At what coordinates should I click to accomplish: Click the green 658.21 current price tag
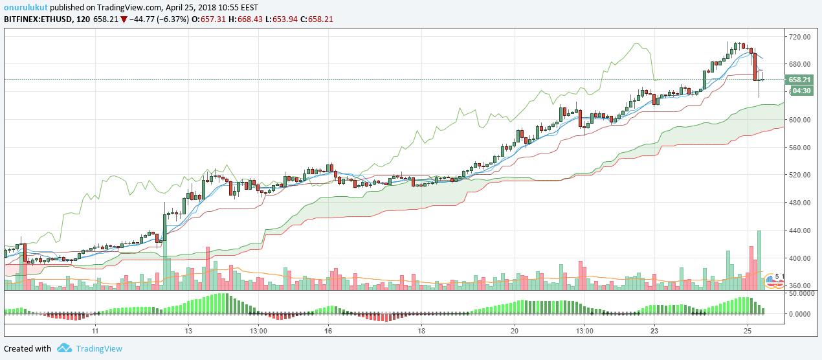[799, 80]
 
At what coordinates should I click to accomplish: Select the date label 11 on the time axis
[94, 330]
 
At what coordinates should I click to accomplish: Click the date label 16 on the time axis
[328, 330]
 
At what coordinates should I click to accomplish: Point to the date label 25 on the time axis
[748, 330]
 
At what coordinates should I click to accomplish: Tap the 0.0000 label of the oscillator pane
[803, 314]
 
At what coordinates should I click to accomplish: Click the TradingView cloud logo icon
[64, 348]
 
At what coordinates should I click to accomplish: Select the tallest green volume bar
[759, 259]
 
